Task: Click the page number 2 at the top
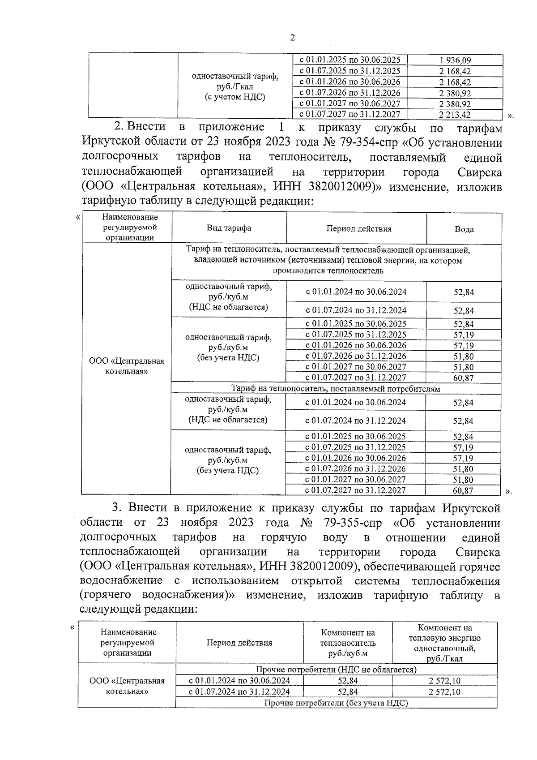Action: (x=293, y=38)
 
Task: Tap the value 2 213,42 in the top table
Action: (x=455, y=115)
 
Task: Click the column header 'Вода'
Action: (x=464, y=229)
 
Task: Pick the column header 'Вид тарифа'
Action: (x=229, y=228)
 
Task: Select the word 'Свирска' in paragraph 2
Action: (x=480, y=172)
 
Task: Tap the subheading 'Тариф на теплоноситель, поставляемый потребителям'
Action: (x=336, y=389)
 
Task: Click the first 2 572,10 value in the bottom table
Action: (x=444, y=681)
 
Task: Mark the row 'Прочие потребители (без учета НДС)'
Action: (x=336, y=703)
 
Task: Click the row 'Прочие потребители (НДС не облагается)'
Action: (x=336, y=670)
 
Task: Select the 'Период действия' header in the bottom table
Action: (x=239, y=643)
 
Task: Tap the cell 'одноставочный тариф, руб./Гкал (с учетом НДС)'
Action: (x=234, y=86)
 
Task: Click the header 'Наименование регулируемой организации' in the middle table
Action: (x=130, y=228)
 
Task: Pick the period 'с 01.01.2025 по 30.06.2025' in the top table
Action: (x=349, y=60)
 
